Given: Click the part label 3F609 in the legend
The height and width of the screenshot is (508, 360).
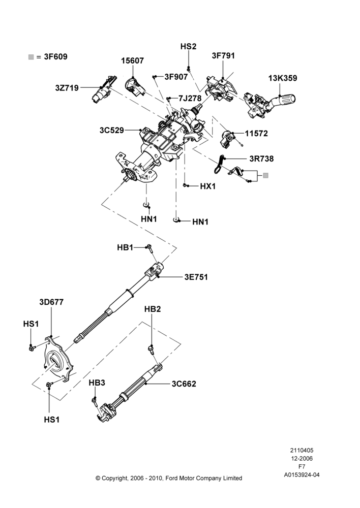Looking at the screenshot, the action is click(x=55, y=57).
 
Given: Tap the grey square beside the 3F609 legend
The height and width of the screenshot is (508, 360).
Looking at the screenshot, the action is click(x=31, y=57).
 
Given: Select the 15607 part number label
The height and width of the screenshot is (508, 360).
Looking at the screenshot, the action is click(x=132, y=60).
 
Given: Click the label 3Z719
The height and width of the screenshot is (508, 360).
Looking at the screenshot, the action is click(x=67, y=87).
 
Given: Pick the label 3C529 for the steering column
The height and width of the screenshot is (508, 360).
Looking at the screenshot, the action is click(x=111, y=130).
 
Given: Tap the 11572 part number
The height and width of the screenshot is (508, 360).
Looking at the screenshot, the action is click(x=256, y=133).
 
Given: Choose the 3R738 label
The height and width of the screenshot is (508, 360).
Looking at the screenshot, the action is click(x=261, y=158).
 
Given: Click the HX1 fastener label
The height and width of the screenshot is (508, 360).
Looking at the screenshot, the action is click(x=207, y=186).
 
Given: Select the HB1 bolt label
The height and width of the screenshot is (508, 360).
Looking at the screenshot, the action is click(x=125, y=247).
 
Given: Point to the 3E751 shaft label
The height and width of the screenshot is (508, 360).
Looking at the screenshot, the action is click(x=196, y=277).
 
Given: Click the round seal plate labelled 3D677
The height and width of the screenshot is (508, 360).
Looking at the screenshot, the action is click(x=58, y=360).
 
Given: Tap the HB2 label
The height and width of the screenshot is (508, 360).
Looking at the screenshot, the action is click(x=153, y=309).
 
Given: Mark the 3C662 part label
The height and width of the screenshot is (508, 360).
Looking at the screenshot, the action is click(x=184, y=384).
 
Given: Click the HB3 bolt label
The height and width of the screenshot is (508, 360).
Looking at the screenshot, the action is click(x=97, y=383).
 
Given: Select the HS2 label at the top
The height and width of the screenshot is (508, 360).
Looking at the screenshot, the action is click(x=189, y=47).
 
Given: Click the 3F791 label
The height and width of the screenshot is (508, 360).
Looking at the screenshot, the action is click(x=223, y=56).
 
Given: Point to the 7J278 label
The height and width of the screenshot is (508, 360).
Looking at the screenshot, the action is click(x=190, y=98).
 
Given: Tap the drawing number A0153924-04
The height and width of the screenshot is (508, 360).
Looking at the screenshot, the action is click(x=302, y=475).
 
